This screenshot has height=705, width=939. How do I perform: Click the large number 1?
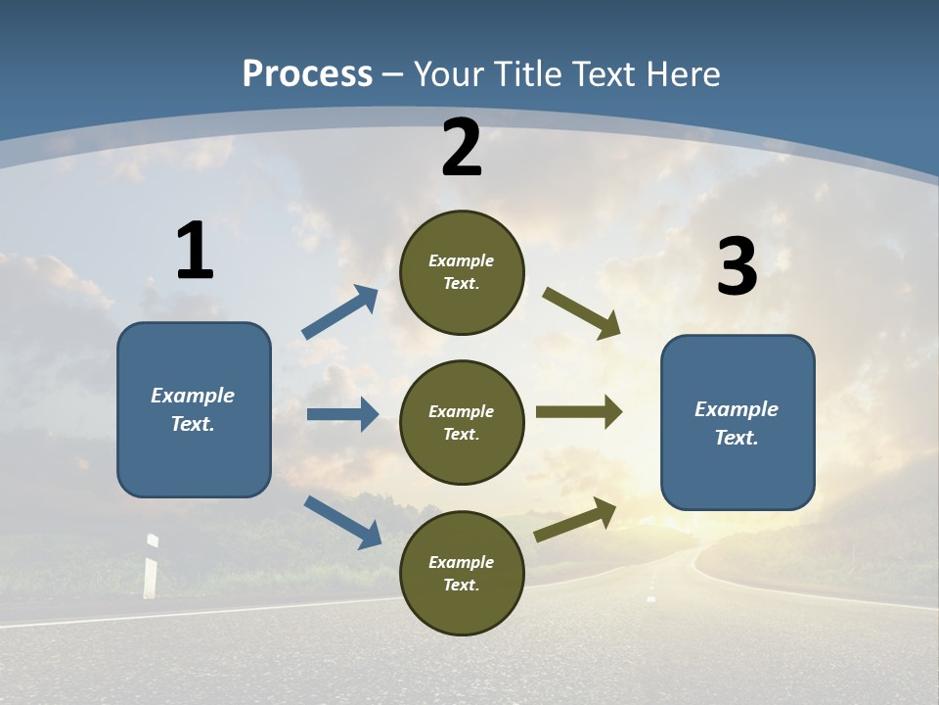(x=195, y=252)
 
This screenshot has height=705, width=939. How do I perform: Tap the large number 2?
(x=462, y=148)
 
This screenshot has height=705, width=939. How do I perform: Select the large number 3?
(x=738, y=267)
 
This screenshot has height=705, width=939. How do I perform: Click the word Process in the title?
(x=307, y=73)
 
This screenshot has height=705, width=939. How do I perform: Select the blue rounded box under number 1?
(x=194, y=409)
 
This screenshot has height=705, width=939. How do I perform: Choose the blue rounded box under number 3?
(x=738, y=422)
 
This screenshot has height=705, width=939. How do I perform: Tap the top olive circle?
(x=462, y=272)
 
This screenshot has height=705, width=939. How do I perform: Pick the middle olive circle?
(x=462, y=422)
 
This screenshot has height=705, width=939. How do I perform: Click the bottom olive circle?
(x=462, y=573)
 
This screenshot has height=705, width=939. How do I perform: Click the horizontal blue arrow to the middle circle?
(x=342, y=414)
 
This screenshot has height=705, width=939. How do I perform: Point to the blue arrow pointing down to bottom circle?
(x=342, y=521)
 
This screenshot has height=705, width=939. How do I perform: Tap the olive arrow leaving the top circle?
(x=581, y=312)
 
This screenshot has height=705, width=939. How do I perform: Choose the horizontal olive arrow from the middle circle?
(x=579, y=412)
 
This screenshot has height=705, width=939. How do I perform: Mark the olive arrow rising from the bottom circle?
(x=575, y=519)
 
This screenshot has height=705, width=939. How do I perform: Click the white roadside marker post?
(x=151, y=567)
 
